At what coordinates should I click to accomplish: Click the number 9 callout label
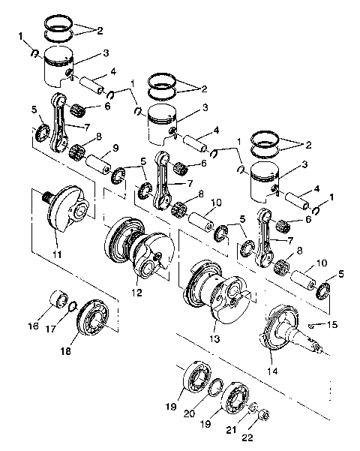point(115,148)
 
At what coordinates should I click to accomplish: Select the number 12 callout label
point(136,292)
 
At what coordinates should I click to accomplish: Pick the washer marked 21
point(253,409)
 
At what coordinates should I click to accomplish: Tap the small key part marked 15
point(311,326)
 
